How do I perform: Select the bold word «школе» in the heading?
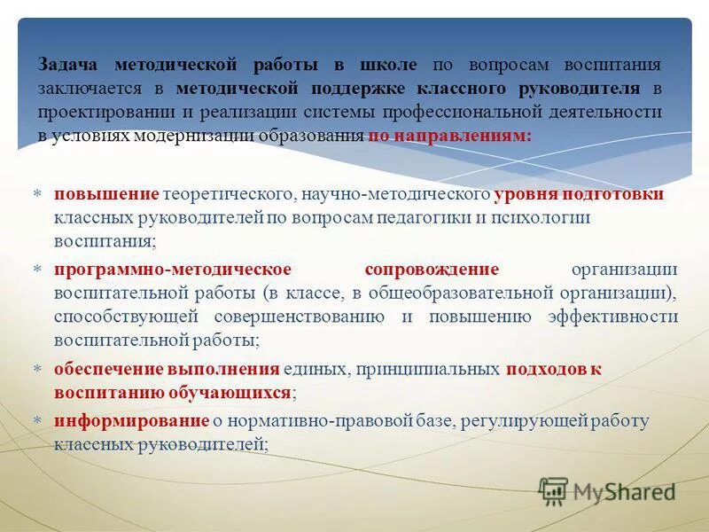pos(387,65)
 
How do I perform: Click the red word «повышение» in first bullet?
pos(106,194)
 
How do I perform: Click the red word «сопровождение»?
pos(432,270)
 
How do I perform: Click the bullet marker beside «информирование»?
pos(37,420)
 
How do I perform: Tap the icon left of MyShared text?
pos(553,490)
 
